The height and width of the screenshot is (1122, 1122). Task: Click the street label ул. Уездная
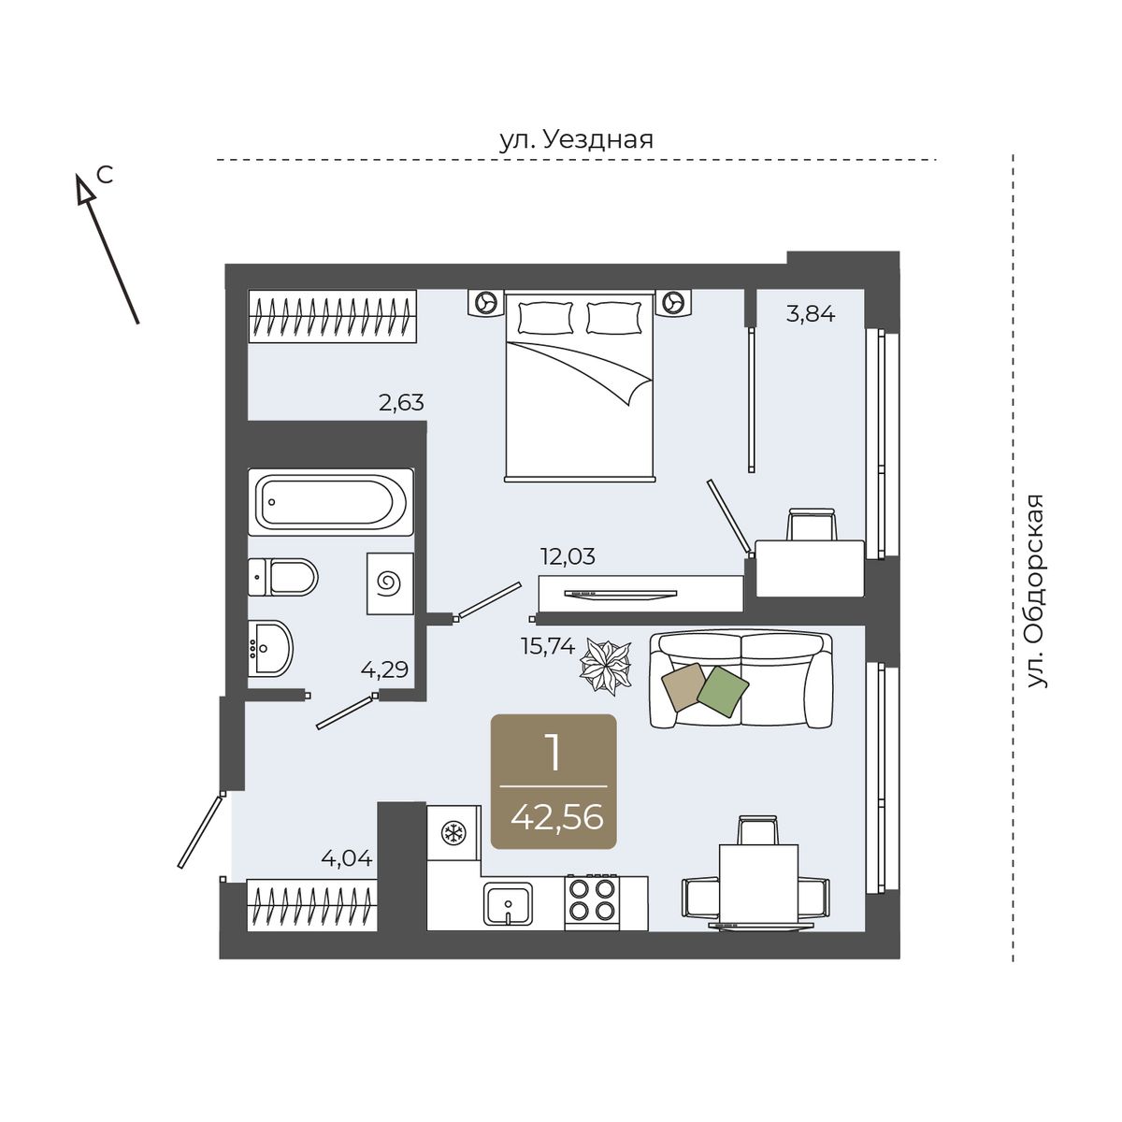pyautogui.click(x=576, y=140)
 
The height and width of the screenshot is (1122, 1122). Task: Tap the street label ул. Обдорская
pyautogui.click(x=1035, y=591)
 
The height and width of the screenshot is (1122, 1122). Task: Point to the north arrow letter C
pyautogui.click(x=105, y=174)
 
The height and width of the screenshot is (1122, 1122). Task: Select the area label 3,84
pyautogui.click(x=811, y=315)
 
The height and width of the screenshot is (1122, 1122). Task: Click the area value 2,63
pyautogui.click(x=401, y=402)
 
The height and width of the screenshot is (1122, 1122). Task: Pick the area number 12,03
pyautogui.click(x=568, y=556)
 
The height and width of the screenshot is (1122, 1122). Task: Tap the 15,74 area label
pyautogui.click(x=548, y=646)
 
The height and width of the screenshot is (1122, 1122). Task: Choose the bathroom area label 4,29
pyautogui.click(x=384, y=669)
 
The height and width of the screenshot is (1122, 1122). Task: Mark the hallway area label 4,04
pyautogui.click(x=347, y=858)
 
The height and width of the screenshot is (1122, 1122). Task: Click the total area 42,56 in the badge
pyautogui.click(x=556, y=817)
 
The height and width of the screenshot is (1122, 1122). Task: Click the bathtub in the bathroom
pyautogui.click(x=331, y=501)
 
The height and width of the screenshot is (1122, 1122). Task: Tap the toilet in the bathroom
pyautogui.click(x=283, y=577)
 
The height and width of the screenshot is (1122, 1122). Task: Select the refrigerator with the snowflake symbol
pyautogui.click(x=453, y=833)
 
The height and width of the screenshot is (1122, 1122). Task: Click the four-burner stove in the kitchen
pyautogui.click(x=592, y=902)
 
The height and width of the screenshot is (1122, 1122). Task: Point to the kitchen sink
pyautogui.click(x=508, y=903)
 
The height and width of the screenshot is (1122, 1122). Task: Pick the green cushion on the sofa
pyautogui.click(x=723, y=691)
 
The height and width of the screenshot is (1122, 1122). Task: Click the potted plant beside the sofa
pyautogui.click(x=606, y=666)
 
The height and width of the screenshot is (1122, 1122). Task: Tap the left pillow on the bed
pyautogui.click(x=545, y=318)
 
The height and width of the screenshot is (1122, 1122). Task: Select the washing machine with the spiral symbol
pyautogui.click(x=390, y=583)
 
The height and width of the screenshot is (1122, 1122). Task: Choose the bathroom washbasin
pyautogui.click(x=270, y=649)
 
